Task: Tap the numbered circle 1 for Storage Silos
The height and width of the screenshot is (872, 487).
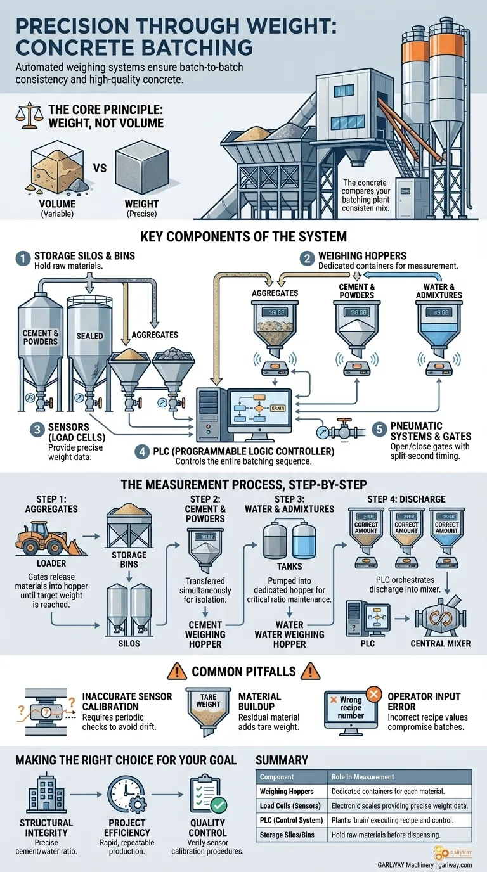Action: point(23,259)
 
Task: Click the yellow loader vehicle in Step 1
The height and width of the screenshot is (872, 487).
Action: point(42,539)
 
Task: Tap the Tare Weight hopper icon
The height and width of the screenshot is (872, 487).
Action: point(208,707)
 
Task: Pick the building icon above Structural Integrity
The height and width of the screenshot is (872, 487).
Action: point(47,793)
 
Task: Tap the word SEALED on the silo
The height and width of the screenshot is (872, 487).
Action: point(89,335)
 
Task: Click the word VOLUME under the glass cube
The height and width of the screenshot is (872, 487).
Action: point(58,204)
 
